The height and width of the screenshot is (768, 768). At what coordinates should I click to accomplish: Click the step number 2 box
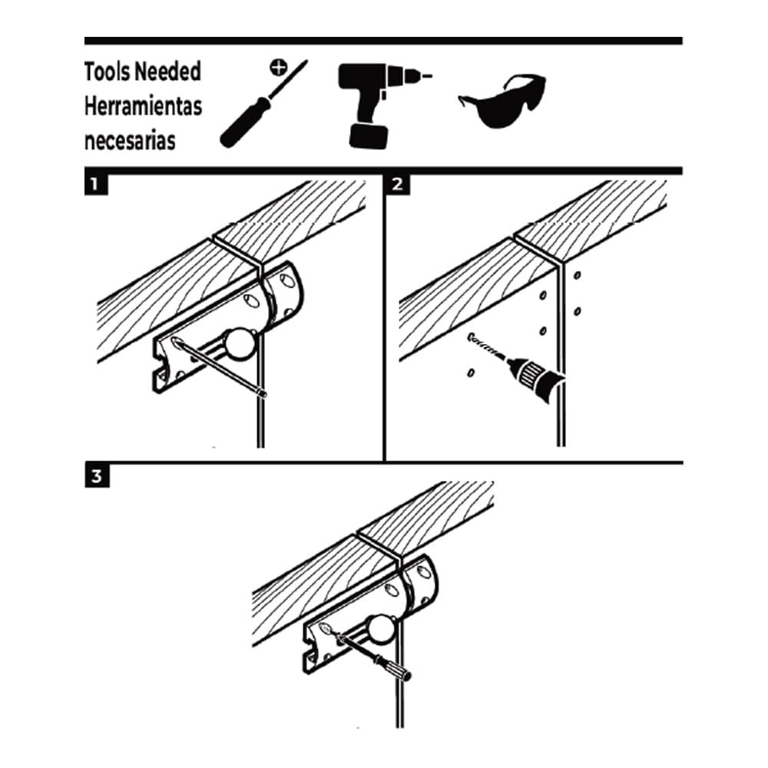pyautogui.click(x=396, y=184)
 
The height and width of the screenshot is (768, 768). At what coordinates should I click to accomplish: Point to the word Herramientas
pyautogui.click(x=143, y=106)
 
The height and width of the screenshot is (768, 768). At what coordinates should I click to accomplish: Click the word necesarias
pyautogui.click(x=129, y=141)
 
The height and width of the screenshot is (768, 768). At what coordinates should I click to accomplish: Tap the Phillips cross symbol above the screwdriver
pyautogui.click(x=279, y=68)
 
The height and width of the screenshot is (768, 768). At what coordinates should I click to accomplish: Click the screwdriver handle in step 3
pyautogui.click(x=393, y=667)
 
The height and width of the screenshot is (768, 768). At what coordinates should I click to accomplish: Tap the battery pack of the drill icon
pyautogui.click(x=367, y=136)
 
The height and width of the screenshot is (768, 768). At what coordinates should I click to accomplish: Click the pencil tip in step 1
pyautogui.click(x=263, y=394)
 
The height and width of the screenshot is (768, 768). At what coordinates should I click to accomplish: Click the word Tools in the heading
pyautogui.click(x=107, y=72)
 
